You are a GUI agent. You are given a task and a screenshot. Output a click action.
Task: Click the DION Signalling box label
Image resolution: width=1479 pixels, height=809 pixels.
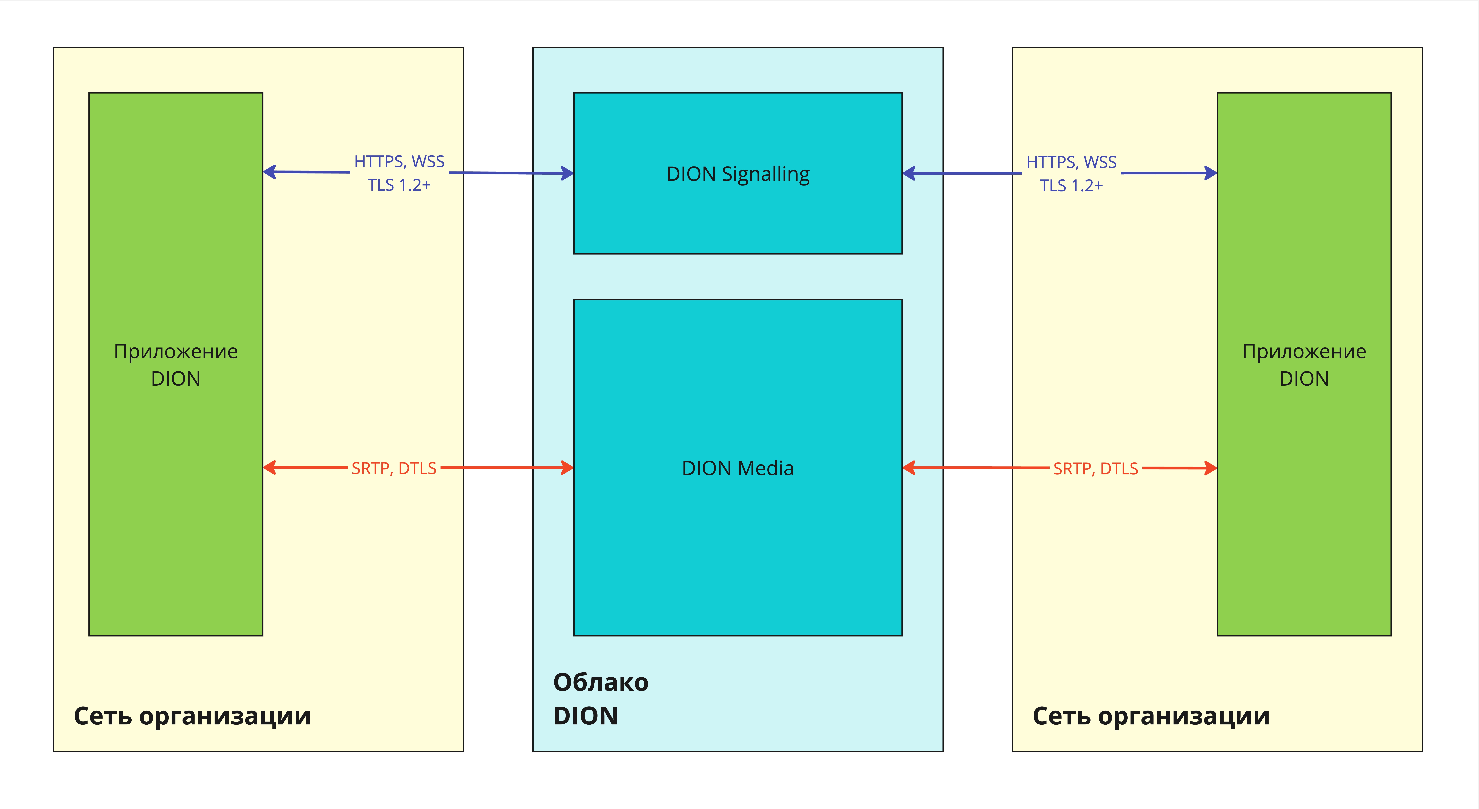tap(738, 174)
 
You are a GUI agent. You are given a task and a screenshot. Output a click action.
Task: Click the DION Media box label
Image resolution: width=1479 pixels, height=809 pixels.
tap(738, 469)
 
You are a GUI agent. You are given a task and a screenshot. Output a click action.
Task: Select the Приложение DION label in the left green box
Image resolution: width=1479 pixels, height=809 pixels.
tap(176, 365)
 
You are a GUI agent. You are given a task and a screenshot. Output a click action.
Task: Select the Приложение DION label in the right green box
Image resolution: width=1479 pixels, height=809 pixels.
tap(1304, 365)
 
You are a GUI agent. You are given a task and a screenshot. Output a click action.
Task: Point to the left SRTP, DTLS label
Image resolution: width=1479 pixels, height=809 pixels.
tap(394, 469)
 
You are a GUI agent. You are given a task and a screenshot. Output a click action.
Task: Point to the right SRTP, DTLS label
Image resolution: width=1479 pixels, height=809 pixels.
tap(1096, 469)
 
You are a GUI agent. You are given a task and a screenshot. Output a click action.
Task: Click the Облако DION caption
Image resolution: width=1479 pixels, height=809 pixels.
tap(601, 699)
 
